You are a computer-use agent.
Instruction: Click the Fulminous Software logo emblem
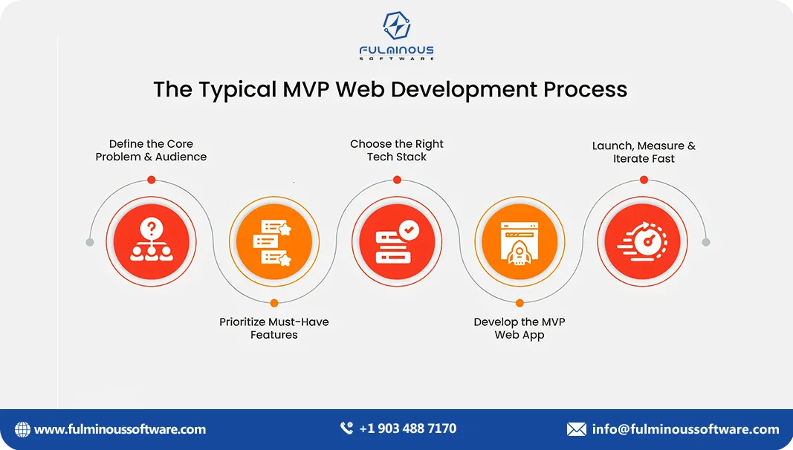click(396, 26)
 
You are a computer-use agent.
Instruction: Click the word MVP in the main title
click(307, 89)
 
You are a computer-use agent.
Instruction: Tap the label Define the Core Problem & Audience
click(151, 151)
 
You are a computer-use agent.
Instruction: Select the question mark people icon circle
click(151, 242)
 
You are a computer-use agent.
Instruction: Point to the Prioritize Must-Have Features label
click(273, 328)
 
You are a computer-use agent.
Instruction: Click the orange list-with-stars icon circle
click(273, 242)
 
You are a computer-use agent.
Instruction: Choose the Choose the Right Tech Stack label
click(397, 151)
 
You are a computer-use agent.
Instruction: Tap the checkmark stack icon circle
click(397, 242)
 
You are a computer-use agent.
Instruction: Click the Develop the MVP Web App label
click(520, 328)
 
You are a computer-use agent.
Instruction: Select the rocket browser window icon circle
click(520, 242)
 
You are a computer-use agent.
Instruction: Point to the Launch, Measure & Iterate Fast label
click(644, 152)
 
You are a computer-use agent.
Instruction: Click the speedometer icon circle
click(644, 242)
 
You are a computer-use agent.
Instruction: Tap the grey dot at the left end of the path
click(90, 242)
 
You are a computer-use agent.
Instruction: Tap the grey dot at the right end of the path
click(706, 242)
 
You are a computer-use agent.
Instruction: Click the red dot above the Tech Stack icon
click(397, 180)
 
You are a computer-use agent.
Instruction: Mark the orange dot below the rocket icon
click(520, 303)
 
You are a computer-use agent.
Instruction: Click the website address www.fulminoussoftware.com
click(120, 429)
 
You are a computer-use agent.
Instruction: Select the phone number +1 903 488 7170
click(407, 428)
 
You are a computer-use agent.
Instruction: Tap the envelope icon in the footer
click(577, 429)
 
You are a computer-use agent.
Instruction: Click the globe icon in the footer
click(23, 429)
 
